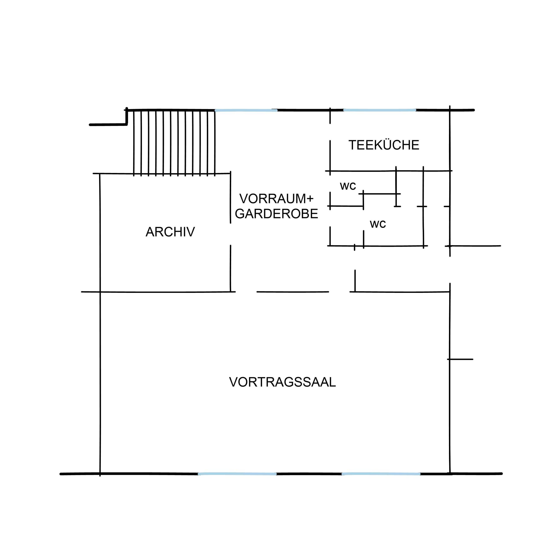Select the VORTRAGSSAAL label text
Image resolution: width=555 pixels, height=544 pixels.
tap(282, 382)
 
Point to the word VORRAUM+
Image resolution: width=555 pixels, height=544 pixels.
tap(276, 199)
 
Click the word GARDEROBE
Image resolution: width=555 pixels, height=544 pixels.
tap(276, 214)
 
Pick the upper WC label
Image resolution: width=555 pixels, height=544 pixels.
tap(348, 186)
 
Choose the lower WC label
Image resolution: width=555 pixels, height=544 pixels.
tap(378, 224)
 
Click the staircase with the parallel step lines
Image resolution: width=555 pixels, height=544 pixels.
tap(174, 142)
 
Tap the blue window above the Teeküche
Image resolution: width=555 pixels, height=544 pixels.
tap(380, 110)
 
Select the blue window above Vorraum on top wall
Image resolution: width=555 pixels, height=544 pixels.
tap(246, 110)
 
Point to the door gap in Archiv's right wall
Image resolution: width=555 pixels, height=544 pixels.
tap(231, 234)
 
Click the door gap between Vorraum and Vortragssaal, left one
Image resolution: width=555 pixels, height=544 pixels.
tap(246, 292)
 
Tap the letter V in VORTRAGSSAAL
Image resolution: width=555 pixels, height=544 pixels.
tap(234, 382)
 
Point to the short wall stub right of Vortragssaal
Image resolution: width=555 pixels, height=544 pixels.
tap(460, 359)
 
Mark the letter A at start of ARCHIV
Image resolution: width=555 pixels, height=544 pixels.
tap(150, 232)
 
